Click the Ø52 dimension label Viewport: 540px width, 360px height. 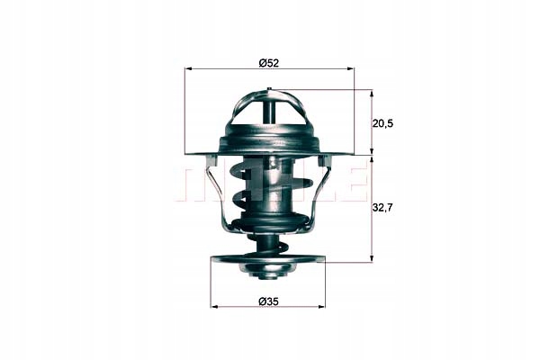click(x=268, y=63)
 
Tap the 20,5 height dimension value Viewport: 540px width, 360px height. click(x=382, y=123)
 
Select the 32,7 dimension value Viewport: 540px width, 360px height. click(x=382, y=207)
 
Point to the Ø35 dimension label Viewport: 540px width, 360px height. click(x=268, y=301)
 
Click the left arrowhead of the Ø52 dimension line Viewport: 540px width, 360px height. click(x=188, y=69)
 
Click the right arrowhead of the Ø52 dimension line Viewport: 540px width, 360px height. click(x=351, y=69)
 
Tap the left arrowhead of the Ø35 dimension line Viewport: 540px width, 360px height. click(x=213, y=306)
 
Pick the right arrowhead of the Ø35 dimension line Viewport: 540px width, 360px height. click(x=322, y=306)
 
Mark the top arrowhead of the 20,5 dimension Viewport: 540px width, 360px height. click(x=371, y=94)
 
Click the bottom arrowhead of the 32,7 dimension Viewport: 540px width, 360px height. click(x=371, y=258)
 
